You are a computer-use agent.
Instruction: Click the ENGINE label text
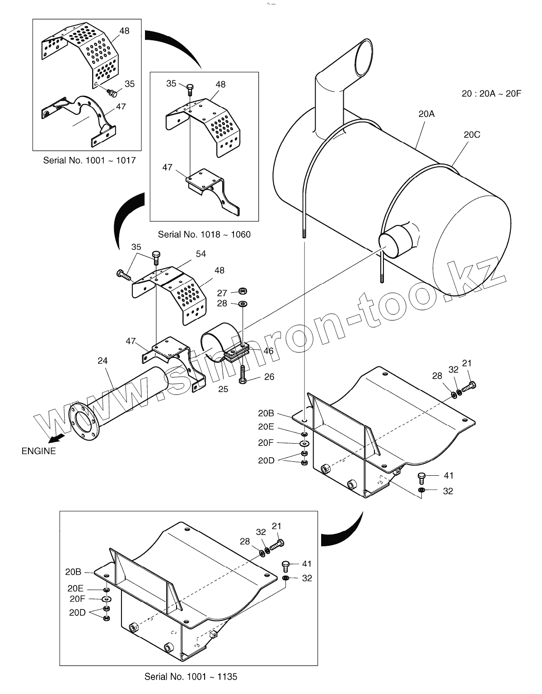tap(39, 451)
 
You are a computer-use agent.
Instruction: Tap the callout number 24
tap(103, 361)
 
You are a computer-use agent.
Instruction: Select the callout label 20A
tap(426, 114)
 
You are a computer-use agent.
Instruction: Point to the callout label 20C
tap(472, 134)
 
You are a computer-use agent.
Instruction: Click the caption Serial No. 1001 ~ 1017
tap(89, 160)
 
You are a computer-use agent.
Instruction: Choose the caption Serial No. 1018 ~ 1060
tap(204, 234)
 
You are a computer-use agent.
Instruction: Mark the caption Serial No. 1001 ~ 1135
tap(191, 676)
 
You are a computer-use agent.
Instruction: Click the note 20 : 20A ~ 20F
tap(491, 94)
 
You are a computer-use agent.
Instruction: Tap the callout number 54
tap(201, 254)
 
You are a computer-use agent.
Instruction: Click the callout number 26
tap(269, 376)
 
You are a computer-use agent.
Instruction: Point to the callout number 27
tap(222, 293)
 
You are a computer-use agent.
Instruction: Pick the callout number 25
tap(223, 389)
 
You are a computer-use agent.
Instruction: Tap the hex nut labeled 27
tap(243, 291)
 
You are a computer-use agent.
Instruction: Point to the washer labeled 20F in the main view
tap(304, 443)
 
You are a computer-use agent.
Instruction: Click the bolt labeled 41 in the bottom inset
tap(285, 565)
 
